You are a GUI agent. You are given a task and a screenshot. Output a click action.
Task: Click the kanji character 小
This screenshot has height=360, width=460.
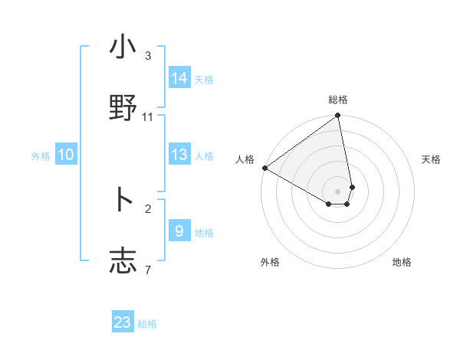(123, 47)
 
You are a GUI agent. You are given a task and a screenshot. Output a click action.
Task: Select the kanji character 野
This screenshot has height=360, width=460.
(123, 107)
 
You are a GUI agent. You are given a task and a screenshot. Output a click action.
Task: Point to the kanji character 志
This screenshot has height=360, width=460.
(123, 260)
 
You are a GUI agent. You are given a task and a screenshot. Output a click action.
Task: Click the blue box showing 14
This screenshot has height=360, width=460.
(179, 78)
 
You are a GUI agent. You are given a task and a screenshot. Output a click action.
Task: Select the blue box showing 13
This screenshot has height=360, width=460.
(179, 155)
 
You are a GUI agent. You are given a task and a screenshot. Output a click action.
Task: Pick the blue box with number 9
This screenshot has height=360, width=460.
(179, 231)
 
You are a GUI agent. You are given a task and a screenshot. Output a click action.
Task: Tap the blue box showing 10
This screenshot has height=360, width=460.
(66, 155)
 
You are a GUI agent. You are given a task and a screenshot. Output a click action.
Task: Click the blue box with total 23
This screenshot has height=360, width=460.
(123, 322)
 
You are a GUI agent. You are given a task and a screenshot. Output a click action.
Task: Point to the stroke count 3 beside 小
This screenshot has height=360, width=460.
(148, 56)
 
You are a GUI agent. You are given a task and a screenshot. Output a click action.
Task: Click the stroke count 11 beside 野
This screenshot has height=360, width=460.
(148, 117)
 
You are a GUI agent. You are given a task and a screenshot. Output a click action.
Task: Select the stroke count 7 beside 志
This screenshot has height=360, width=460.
(148, 270)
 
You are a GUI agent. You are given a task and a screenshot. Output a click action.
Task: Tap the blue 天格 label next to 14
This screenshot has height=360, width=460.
(204, 80)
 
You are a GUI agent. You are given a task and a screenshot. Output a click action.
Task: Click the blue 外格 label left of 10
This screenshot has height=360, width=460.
(41, 156)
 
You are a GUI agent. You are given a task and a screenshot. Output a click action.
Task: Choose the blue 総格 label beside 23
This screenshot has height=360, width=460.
(147, 324)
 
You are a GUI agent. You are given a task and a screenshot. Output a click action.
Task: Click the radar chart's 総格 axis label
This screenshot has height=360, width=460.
(338, 100)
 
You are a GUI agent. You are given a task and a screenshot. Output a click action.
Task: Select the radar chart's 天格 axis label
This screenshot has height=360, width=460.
(432, 159)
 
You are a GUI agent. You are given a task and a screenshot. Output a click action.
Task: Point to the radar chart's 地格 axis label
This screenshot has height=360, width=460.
(402, 262)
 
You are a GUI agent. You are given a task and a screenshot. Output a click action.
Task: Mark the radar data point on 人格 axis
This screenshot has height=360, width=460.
(264, 168)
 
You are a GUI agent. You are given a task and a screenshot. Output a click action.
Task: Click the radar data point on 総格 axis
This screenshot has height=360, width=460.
(338, 116)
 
